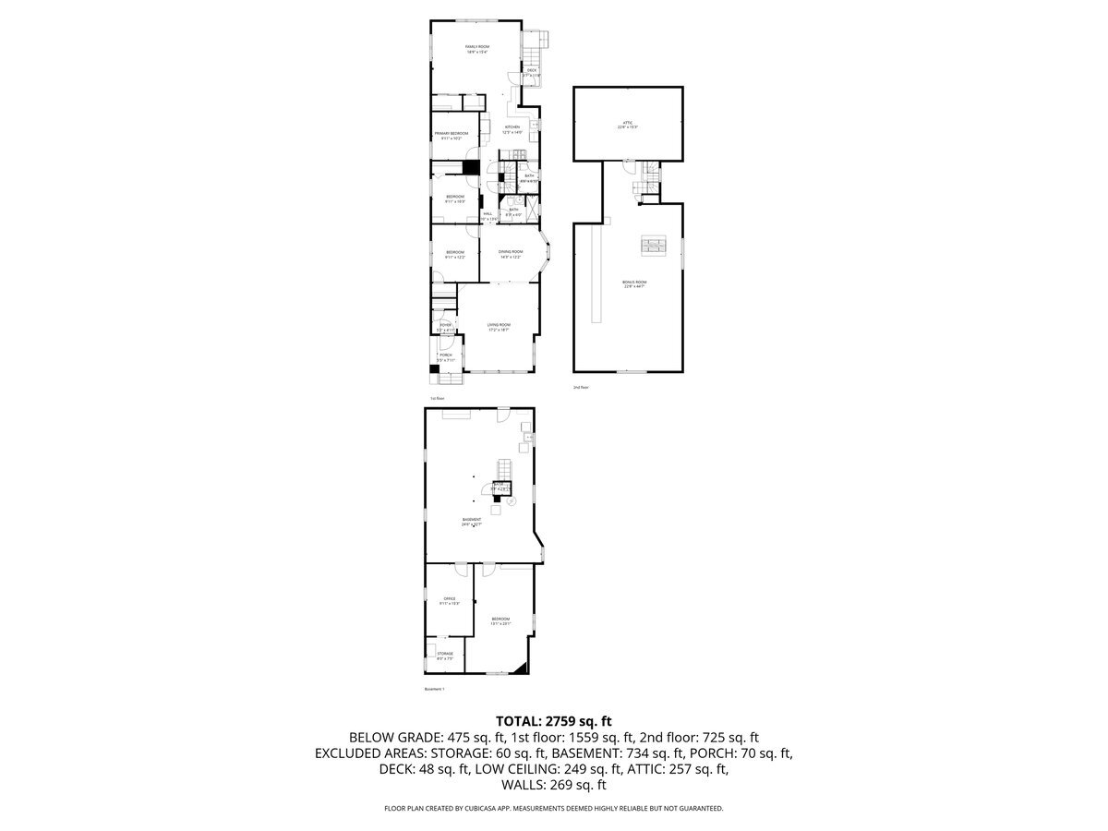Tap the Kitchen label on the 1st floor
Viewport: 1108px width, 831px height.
pyautogui.click(x=512, y=129)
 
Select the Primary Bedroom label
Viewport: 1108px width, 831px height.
pyautogui.click(x=452, y=135)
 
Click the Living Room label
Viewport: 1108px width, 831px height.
pyautogui.click(x=499, y=326)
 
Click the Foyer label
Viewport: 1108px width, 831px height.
pyautogui.click(x=445, y=326)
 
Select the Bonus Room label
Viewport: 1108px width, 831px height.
pyautogui.click(x=634, y=283)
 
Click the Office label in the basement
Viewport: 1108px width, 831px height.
pyautogui.click(x=450, y=600)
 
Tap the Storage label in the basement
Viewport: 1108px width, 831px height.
pyautogui.click(x=445, y=655)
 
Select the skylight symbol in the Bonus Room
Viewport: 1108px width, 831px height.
pyautogui.click(x=653, y=245)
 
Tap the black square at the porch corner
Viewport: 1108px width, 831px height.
pyautogui.click(x=434, y=370)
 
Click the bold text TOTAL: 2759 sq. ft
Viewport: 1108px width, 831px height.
pyautogui.click(x=554, y=720)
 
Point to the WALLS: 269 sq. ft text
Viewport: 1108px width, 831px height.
pyautogui.click(x=554, y=785)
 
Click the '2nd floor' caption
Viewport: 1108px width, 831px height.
pyautogui.click(x=581, y=388)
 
